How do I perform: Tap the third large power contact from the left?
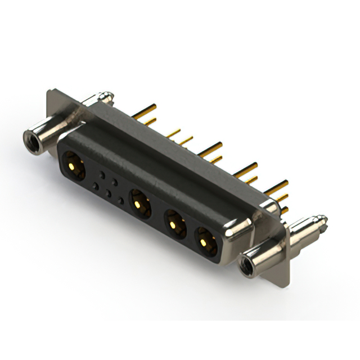tap(175, 224)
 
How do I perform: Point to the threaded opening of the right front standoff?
tap(245, 265)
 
